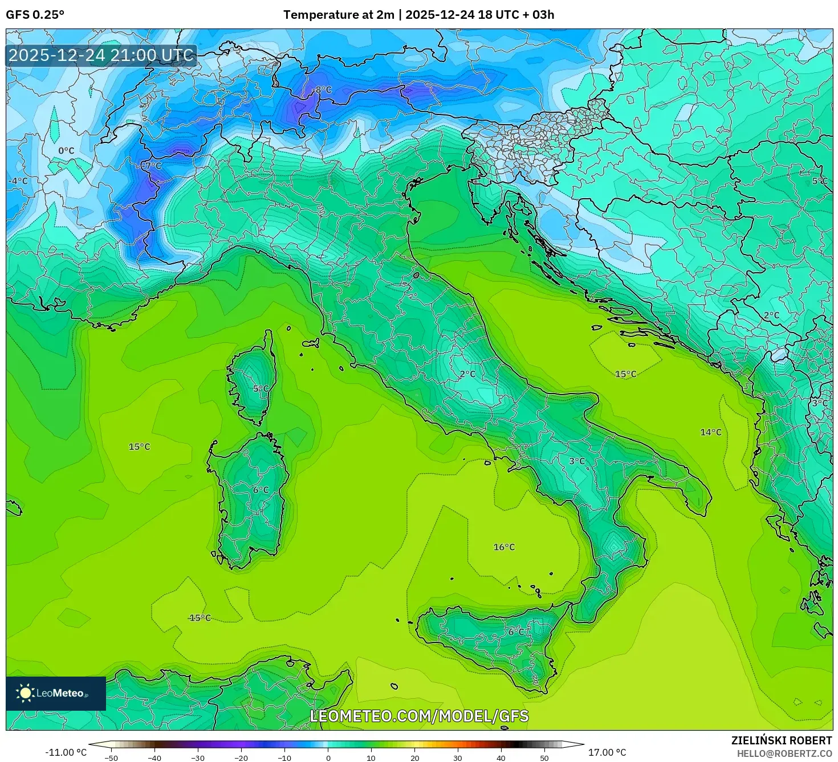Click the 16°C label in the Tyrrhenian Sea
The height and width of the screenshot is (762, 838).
tap(504, 547)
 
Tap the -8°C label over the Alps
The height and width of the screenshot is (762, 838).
tap(323, 90)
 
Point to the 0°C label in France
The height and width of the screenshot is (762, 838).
tap(66, 151)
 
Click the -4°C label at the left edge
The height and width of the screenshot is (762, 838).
tap(18, 181)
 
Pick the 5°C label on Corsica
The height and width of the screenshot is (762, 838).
tap(261, 389)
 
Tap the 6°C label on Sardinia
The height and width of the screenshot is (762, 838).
tap(261, 490)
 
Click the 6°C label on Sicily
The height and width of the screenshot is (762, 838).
tap(516, 632)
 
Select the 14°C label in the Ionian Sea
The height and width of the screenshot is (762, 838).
tap(710, 432)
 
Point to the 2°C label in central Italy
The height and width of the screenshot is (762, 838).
tap(467, 374)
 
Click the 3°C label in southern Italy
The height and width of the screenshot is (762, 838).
tap(577, 461)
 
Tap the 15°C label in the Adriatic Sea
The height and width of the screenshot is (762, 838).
tap(625, 374)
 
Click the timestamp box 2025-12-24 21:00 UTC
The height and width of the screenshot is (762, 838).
tap(101, 55)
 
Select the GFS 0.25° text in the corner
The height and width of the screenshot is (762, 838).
tap(35, 15)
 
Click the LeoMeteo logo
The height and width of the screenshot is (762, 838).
tap(56, 693)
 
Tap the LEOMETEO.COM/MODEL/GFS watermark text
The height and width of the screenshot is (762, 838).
tap(419, 716)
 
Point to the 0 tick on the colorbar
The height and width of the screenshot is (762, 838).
tap(328, 757)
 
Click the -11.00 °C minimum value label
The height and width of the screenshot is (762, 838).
tap(66, 752)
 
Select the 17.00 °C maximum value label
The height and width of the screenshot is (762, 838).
tap(607, 752)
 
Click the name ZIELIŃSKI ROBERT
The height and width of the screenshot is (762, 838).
tap(781, 740)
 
